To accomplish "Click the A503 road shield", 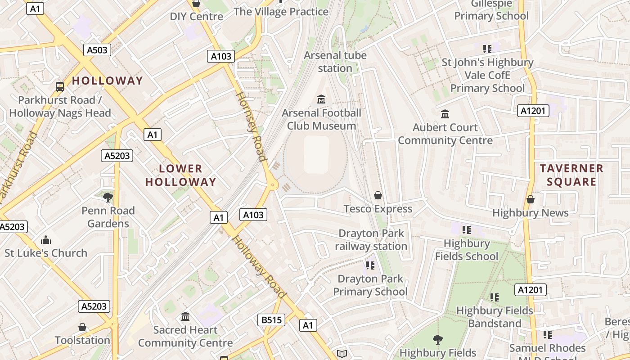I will [x=97, y=50].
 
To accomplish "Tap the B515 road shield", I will [x=271, y=320].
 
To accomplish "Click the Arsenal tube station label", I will [x=335, y=62].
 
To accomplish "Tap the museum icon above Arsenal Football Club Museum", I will [x=321, y=99].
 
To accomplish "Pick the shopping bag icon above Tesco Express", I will [x=378, y=195].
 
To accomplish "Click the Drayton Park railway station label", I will [x=371, y=240].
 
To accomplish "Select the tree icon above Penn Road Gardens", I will [x=108, y=197].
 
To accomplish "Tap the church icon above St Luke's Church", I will [x=46, y=239].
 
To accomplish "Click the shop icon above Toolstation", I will [x=82, y=327].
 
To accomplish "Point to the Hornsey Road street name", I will [x=251, y=126].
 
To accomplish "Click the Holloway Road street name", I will [x=260, y=267].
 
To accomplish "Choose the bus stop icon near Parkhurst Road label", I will [x=59, y=86].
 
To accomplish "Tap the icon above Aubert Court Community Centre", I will [x=445, y=114].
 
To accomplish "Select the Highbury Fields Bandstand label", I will [x=495, y=317].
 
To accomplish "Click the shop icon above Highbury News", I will [x=531, y=199].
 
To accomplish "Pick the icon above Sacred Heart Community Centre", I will [x=185, y=317].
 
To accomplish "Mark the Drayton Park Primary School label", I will [x=370, y=285].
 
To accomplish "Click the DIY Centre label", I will [x=196, y=17].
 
